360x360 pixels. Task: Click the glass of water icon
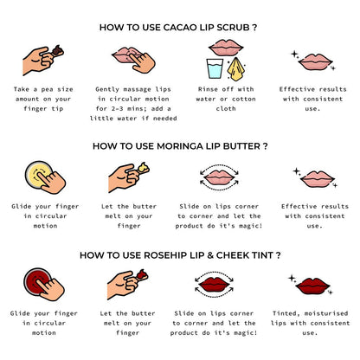[x=215, y=68]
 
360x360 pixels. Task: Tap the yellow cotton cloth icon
[x=236, y=69]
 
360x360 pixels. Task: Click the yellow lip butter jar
[x=39, y=174]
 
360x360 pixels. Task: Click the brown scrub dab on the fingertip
[x=58, y=50]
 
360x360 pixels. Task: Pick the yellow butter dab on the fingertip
[x=143, y=168]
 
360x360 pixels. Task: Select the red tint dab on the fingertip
[x=142, y=274]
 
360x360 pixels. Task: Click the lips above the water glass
[x=226, y=48]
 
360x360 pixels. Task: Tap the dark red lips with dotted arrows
[x=215, y=284]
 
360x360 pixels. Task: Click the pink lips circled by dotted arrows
[x=219, y=177]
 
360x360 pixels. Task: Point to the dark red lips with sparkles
[x=312, y=286]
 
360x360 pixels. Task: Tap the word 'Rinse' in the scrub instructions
[x=208, y=89]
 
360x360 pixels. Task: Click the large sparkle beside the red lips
[x=292, y=278]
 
